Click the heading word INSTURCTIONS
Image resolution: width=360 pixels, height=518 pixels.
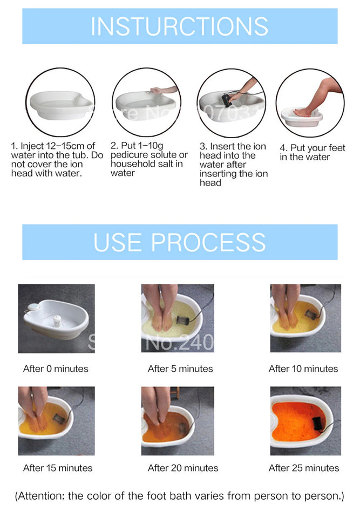[x=179, y=26]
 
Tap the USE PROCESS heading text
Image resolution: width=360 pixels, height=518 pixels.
[x=179, y=242]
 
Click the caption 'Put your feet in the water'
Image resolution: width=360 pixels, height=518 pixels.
[x=312, y=152]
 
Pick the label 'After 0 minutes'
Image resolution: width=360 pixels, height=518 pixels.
[x=56, y=369]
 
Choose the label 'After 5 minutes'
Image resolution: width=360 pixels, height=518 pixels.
[x=180, y=369]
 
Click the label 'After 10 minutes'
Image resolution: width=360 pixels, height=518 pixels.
[x=303, y=369]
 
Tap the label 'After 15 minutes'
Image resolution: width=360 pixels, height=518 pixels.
[x=58, y=468]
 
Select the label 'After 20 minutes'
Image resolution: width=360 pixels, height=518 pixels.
[x=183, y=468]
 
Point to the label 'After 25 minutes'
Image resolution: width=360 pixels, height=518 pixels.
[x=304, y=468]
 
